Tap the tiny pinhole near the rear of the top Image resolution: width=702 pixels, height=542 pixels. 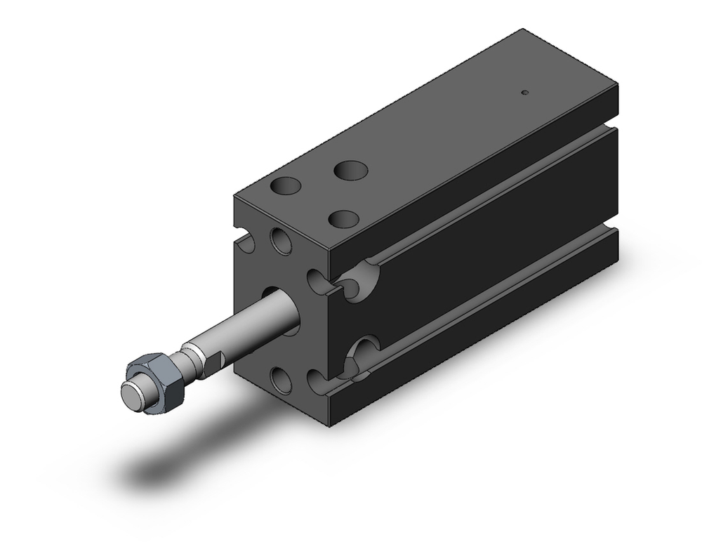524,92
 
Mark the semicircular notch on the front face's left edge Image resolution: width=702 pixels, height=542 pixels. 245,244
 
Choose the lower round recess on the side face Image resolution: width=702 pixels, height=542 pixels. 364,355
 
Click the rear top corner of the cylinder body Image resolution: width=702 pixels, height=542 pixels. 524,31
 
